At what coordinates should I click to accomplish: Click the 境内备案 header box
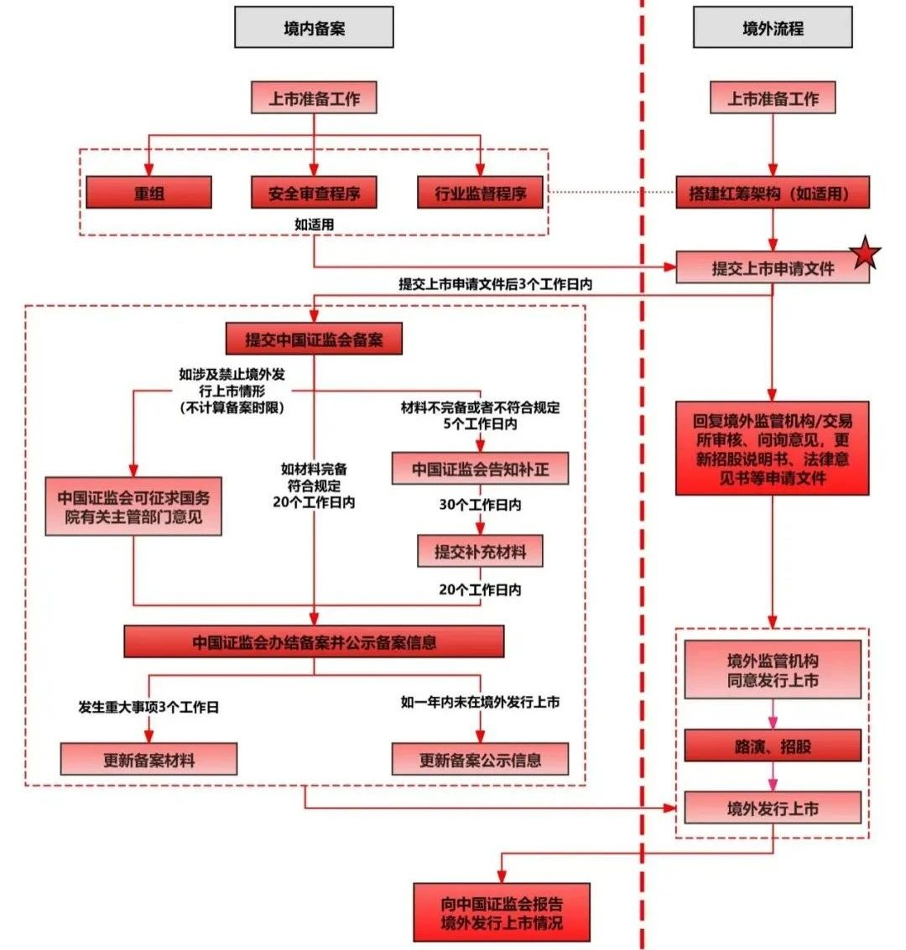click(314, 28)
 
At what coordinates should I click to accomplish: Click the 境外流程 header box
click(773, 28)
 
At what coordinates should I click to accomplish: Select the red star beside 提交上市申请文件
click(866, 254)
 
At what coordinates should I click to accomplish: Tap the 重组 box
click(148, 193)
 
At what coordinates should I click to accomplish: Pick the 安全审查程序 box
click(314, 193)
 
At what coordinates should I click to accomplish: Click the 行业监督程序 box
click(480, 193)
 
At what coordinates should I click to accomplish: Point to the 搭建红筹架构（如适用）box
click(773, 193)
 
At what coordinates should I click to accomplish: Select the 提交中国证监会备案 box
click(314, 340)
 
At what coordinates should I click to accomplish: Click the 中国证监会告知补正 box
click(480, 469)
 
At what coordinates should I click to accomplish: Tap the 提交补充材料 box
click(480, 551)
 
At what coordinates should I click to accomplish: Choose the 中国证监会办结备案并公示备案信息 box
click(314, 642)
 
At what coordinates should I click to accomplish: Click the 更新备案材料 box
click(148, 760)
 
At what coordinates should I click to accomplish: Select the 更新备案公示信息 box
click(480, 760)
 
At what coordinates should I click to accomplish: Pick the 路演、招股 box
click(773, 745)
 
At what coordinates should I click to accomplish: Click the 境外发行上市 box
click(773, 809)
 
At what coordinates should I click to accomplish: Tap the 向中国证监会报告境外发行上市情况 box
click(502, 912)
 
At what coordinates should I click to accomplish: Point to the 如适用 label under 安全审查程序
click(314, 224)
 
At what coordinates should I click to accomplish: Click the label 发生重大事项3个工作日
click(148, 707)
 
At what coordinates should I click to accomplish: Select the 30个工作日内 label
click(480, 505)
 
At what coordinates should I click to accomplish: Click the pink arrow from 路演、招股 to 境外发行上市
click(773, 777)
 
